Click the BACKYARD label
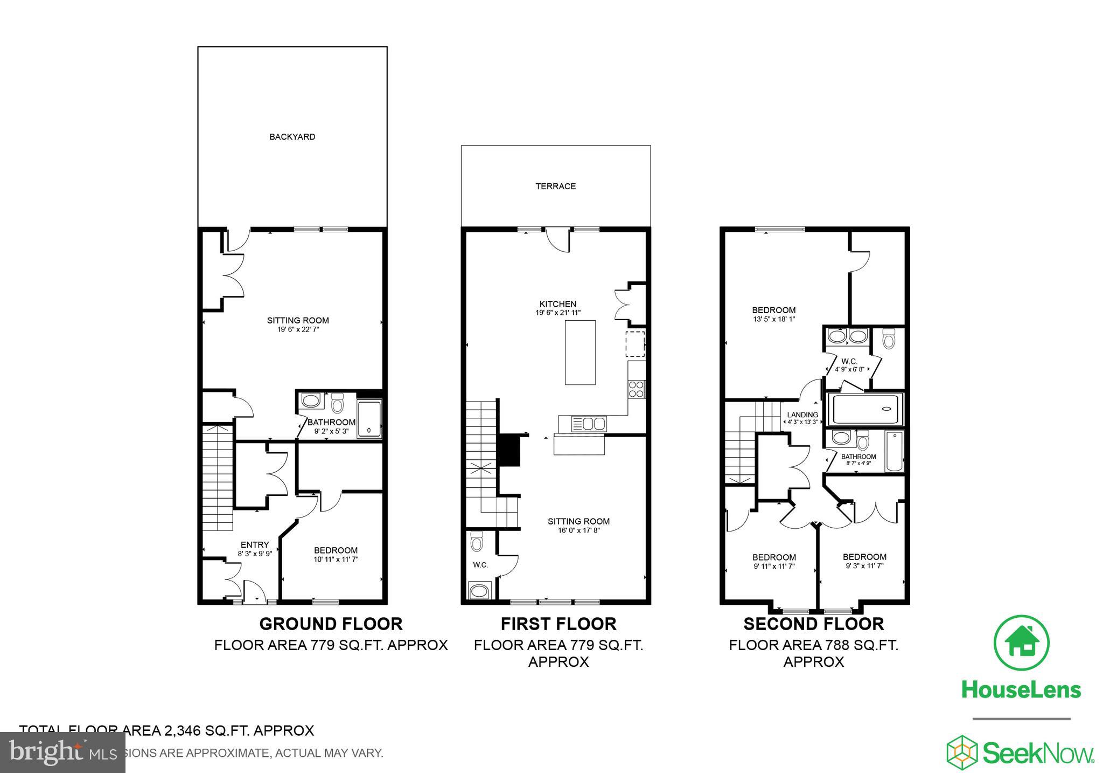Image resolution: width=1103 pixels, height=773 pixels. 292,137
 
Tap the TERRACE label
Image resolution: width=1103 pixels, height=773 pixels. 555,187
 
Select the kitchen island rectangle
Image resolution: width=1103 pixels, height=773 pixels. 580,352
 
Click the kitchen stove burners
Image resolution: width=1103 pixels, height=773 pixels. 636,389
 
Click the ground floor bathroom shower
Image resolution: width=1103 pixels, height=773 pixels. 369,419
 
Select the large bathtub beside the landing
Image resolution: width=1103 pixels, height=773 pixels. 865,410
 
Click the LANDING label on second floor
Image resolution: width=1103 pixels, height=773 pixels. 802,415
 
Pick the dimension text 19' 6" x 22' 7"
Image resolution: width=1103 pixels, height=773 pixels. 298,329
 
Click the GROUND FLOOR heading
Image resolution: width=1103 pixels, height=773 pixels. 331,624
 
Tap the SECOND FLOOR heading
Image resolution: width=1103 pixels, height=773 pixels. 813,624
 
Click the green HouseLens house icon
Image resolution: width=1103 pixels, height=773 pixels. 1021,643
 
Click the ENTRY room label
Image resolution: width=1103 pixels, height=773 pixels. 254,544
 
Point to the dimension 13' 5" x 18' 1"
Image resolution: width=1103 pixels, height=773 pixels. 773,319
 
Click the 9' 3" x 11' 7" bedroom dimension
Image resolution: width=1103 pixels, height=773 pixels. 864,566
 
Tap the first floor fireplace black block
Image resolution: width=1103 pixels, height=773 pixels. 508,451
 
